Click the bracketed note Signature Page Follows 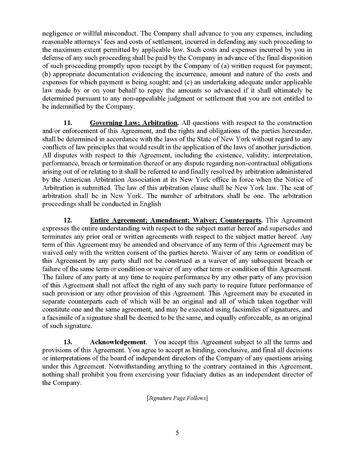coord(177,398)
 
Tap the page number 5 coord(177,432)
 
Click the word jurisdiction coord(294,147)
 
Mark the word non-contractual coord(250,163)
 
